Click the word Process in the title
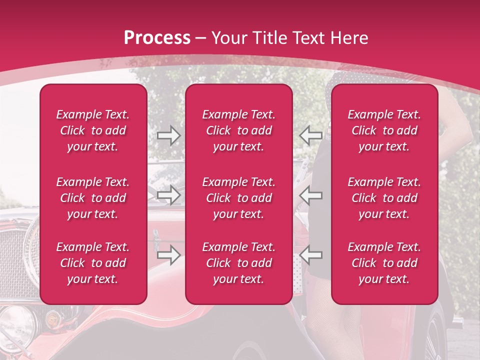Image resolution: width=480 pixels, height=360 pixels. (x=157, y=38)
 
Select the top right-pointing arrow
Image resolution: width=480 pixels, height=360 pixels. (x=169, y=135)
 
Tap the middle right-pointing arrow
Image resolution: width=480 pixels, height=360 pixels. (x=169, y=195)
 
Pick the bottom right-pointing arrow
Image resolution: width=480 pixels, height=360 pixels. (x=169, y=255)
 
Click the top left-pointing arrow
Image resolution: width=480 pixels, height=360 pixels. (x=310, y=135)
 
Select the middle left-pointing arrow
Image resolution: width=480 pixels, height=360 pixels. (x=310, y=195)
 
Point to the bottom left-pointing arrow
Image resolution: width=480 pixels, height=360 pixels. (x=310, y=255)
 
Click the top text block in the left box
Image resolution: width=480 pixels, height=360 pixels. (x=93, y=130)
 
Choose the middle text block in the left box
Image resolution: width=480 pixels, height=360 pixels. (x=93, y=198)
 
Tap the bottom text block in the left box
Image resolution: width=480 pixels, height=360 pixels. (x=93, y=263)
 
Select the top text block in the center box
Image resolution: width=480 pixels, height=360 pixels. (x=239, y=130)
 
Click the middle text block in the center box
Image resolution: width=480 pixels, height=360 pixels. (x=239, y=198)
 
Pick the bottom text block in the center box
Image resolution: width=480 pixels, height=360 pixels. (x=239, y=263)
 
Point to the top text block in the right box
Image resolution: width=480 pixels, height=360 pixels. (x=384, y=130)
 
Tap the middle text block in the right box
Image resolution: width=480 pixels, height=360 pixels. (x=384, y=198)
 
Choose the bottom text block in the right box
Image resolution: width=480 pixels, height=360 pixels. (x=384, y=263)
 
